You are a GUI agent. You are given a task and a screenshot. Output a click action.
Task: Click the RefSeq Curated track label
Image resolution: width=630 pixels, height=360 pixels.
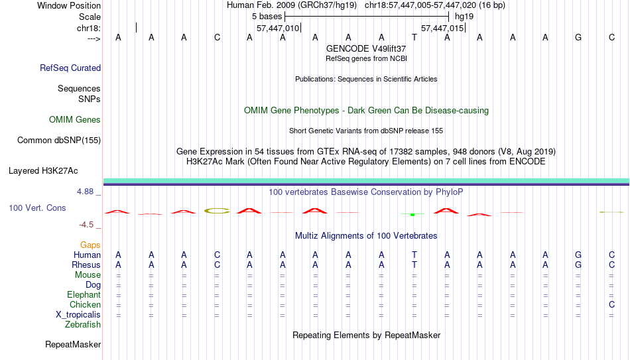coord(70,68)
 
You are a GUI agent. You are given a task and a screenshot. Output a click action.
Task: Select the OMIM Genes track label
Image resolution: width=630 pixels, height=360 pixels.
coord(75,120)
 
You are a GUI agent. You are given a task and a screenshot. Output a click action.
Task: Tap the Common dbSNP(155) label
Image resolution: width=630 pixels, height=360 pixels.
coord(59,141)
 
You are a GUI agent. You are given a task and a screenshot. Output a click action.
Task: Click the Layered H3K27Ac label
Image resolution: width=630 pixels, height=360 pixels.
coord(43,171)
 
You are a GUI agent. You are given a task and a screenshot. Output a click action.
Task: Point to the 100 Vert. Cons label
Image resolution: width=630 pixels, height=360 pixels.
coord(37,208)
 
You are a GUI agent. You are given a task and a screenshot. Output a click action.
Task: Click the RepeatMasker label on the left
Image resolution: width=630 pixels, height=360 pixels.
coord(73,344)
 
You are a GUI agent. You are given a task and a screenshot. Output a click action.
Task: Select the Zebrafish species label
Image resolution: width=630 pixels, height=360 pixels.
coord(83,324)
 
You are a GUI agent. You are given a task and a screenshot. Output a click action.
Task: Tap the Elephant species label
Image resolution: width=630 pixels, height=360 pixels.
coord(84,294)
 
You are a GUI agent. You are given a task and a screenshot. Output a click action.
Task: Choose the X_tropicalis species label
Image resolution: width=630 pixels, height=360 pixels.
coord(78,315)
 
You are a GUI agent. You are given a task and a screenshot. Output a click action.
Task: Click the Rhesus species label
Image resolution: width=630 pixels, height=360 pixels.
coord(86,265)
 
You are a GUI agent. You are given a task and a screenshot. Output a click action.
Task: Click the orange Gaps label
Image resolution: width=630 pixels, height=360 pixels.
coord(90,245)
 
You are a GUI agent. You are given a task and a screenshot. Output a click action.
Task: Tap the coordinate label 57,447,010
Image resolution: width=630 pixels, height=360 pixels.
coord(278,28)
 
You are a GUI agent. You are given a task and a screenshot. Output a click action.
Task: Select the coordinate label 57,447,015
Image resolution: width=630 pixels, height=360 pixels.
coord(442,28)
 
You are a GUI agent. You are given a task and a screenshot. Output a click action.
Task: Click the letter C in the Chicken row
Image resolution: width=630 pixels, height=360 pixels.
coord(611,304)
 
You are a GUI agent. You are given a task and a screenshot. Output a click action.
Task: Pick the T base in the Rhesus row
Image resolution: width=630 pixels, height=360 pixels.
coord(414,265)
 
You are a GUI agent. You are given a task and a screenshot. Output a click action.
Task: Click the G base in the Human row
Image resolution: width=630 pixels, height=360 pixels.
coord(578,255)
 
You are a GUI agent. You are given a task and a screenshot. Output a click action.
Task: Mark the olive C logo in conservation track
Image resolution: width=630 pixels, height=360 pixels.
coord(217,211)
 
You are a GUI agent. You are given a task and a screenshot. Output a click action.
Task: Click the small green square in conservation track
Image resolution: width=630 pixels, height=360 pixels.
coord(412,215)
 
